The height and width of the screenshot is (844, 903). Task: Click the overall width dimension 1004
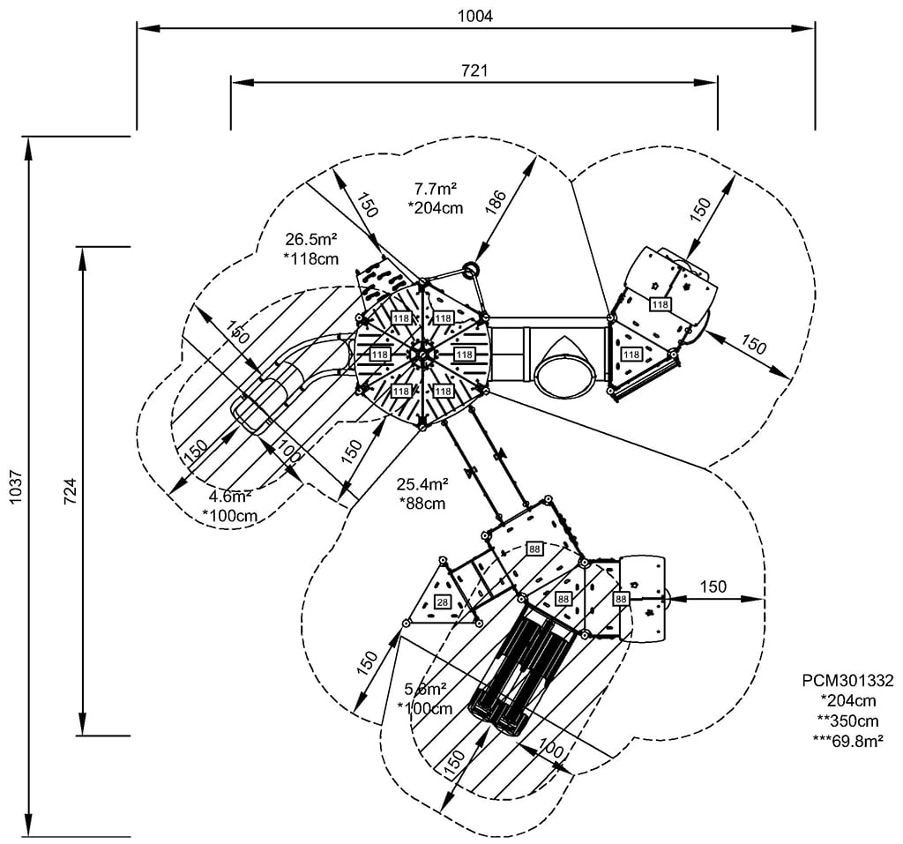475,15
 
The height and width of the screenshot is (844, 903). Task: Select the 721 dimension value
474,70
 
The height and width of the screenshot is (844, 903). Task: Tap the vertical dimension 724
71,490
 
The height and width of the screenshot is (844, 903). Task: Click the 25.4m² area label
422,483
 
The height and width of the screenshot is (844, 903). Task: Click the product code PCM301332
847,680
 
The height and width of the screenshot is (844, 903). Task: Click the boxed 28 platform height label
442,602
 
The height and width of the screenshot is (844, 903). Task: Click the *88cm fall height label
422,503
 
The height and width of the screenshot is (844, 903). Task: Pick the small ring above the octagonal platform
471,268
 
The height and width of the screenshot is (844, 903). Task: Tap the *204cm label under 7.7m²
436,208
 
